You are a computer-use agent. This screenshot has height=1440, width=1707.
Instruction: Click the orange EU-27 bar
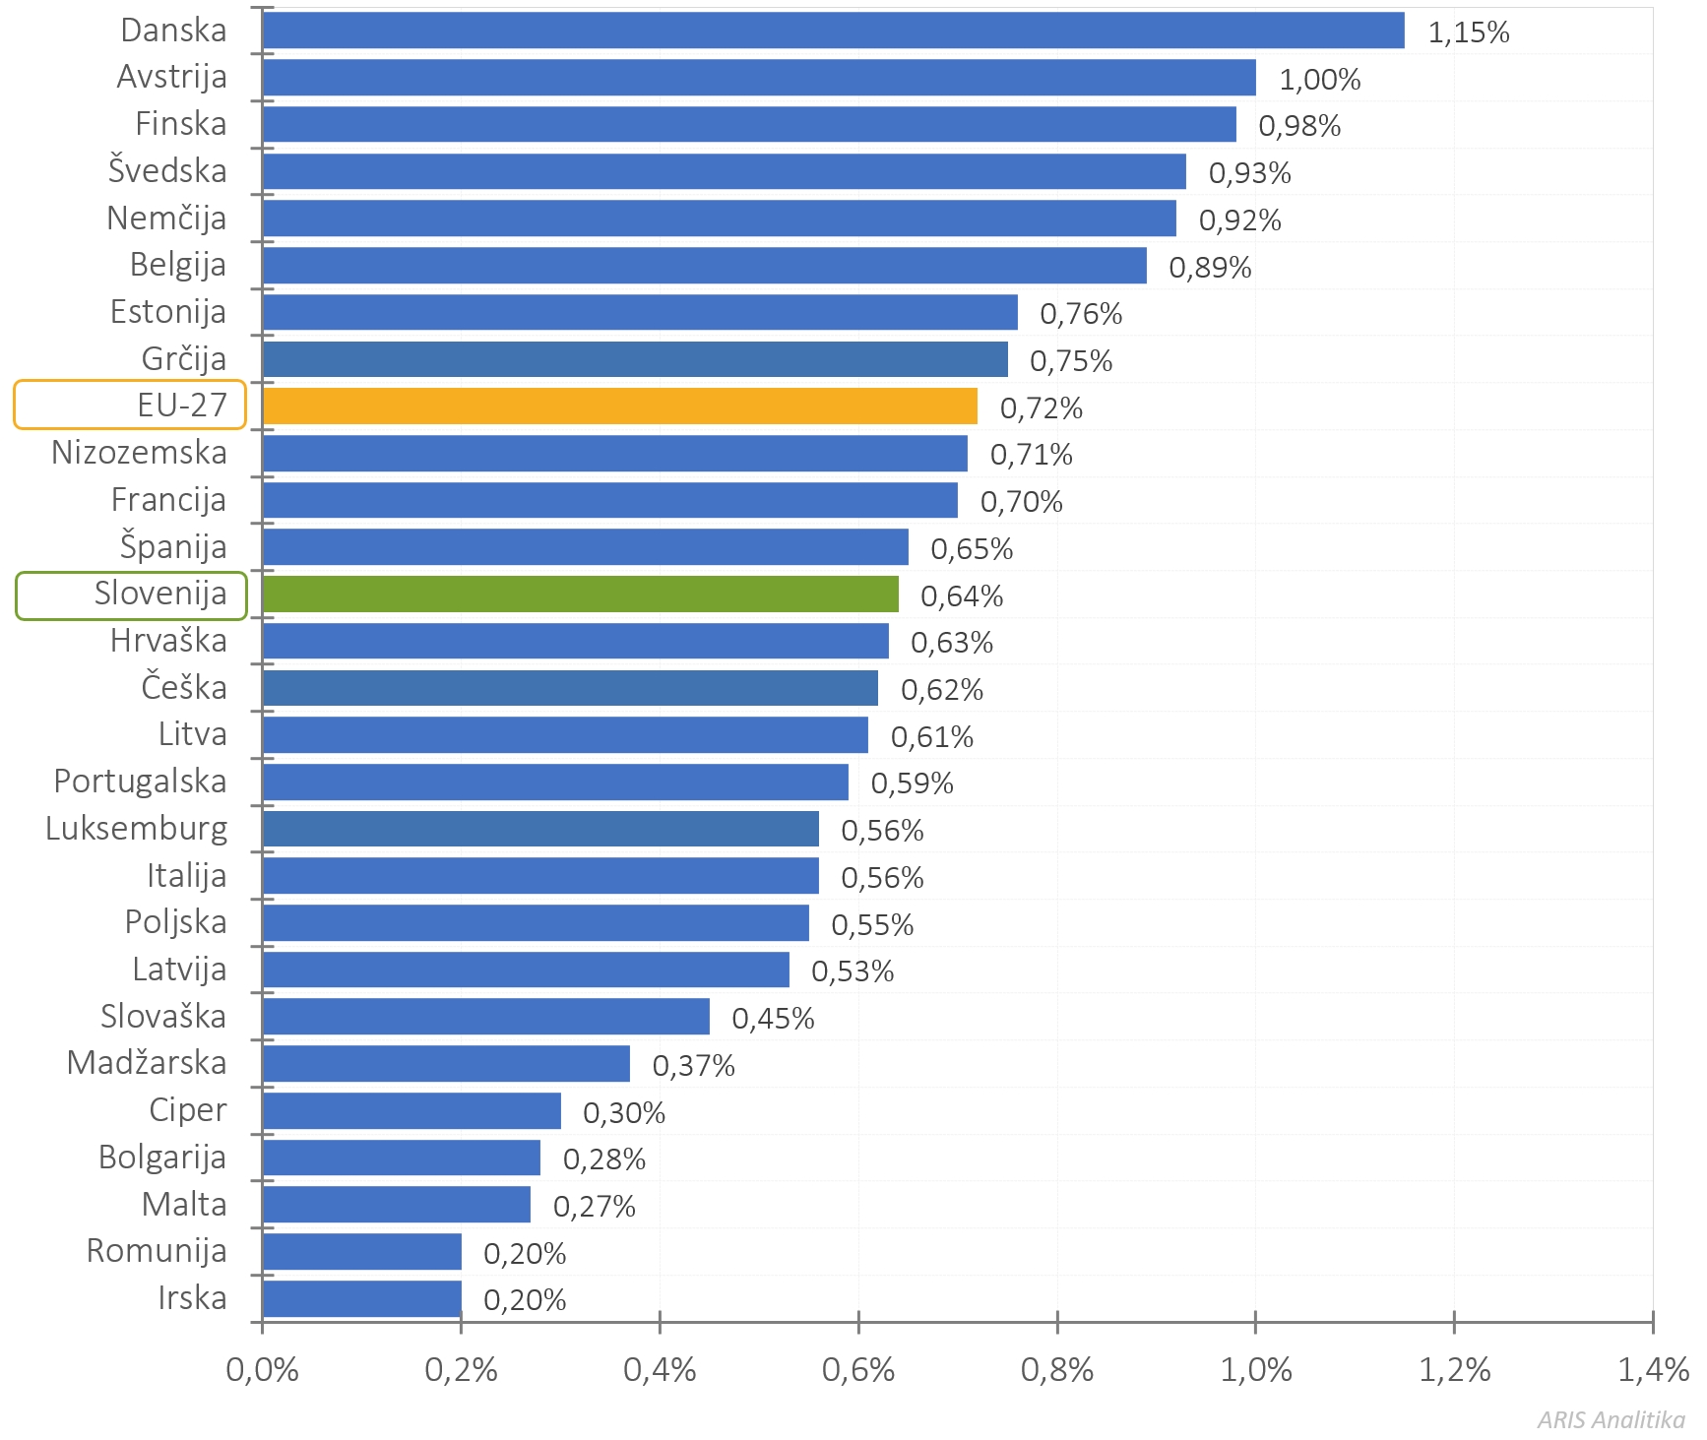pyautogui.click(x=620, y=407)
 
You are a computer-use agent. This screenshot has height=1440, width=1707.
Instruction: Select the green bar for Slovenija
pyautogui.click(x=581, y=595)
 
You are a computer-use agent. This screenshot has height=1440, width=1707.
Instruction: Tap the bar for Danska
pyautogui.click(x=833, y=31)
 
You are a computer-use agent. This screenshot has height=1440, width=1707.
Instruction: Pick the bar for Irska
pyautogui.click(x=362, y=1299)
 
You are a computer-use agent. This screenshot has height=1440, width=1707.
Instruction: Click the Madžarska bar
pyautogui.click(x=446, y=1064)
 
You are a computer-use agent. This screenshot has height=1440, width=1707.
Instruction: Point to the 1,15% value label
pyautogui.click(x=1468, y=32)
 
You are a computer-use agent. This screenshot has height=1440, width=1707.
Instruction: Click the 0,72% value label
pyautogui.click(x=1041, y=408)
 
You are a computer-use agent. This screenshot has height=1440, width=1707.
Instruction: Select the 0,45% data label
pyautogui.click(x=773, y=1019)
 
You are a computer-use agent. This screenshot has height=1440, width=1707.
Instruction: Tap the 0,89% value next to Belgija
pyautogui.click(x=1210, y=268)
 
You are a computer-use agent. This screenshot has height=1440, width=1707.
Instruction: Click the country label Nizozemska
pyautogui.click(x=139, y=453)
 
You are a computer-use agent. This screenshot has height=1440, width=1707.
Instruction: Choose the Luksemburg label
pyautogui.click(x=136, y=829)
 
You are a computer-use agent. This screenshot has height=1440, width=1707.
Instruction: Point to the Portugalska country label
pyautogui.click(x=140, y=782)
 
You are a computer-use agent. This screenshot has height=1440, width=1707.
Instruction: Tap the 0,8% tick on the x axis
pyautogui.click(x=1056, y=1370)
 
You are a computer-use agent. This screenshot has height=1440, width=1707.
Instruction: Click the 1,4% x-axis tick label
pyautogui.click(x=1653, y=1370)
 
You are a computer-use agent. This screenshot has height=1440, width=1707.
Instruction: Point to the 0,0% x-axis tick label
pyautogui.click(x=262, y=1370)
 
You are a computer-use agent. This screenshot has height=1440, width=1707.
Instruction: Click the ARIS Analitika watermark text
pyautogui.click(x=1611, y=1419)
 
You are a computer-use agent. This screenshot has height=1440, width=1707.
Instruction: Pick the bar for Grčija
pyautogui.click(x=635, y=359)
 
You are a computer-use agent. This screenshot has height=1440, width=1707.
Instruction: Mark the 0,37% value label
pyautogui.click(x=693, y=1066)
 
